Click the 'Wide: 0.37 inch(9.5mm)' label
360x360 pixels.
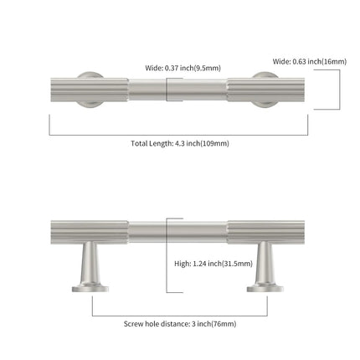(183, 68)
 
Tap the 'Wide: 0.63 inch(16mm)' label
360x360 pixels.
(310, 61)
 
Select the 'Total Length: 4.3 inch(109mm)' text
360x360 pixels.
(180, 143)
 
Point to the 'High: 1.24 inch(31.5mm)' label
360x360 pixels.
(213, 264)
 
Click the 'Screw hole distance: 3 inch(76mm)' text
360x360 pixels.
(180, 324)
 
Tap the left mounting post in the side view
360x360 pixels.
(90, 264)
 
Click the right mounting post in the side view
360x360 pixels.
(265, 264)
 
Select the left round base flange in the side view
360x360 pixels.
(90, 289)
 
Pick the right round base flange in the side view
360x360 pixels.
(265, 289)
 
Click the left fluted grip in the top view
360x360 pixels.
(90, 90)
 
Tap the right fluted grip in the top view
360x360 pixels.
(265, 90)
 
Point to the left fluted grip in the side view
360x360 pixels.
(90, 233)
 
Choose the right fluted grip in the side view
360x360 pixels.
(265, 233)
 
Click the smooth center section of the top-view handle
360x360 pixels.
(177, 90)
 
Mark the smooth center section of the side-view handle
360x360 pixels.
(177, 233)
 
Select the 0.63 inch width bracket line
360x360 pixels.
(340, 90)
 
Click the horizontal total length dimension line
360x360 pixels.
(178, 135)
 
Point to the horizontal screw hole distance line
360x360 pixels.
(180, 316)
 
